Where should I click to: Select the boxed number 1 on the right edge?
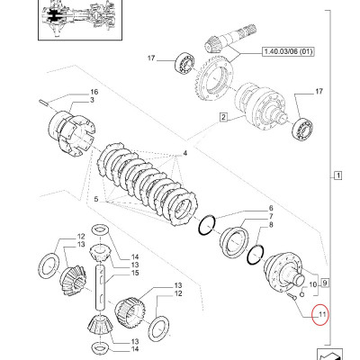pos(337,174)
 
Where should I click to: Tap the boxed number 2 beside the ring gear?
pos(220,117)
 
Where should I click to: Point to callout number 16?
pos(93,94)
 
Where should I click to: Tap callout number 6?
pos(269,209)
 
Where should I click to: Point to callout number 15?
pos(135,274)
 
